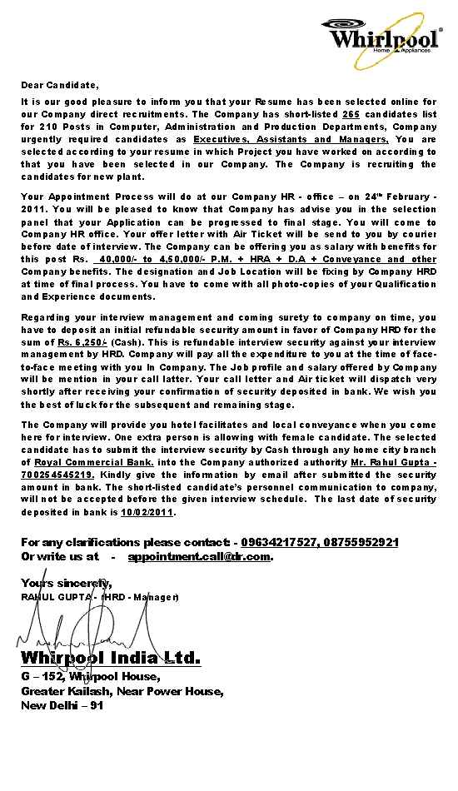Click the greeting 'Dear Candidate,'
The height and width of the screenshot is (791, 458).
60,85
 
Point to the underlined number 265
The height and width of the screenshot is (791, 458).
351,114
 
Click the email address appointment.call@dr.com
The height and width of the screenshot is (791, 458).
199,556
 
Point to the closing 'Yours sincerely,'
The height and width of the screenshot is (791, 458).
67,583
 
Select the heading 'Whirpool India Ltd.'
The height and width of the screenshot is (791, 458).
111,659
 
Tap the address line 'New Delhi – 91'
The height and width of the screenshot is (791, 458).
62,705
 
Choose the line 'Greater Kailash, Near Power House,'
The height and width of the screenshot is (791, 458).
122,691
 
